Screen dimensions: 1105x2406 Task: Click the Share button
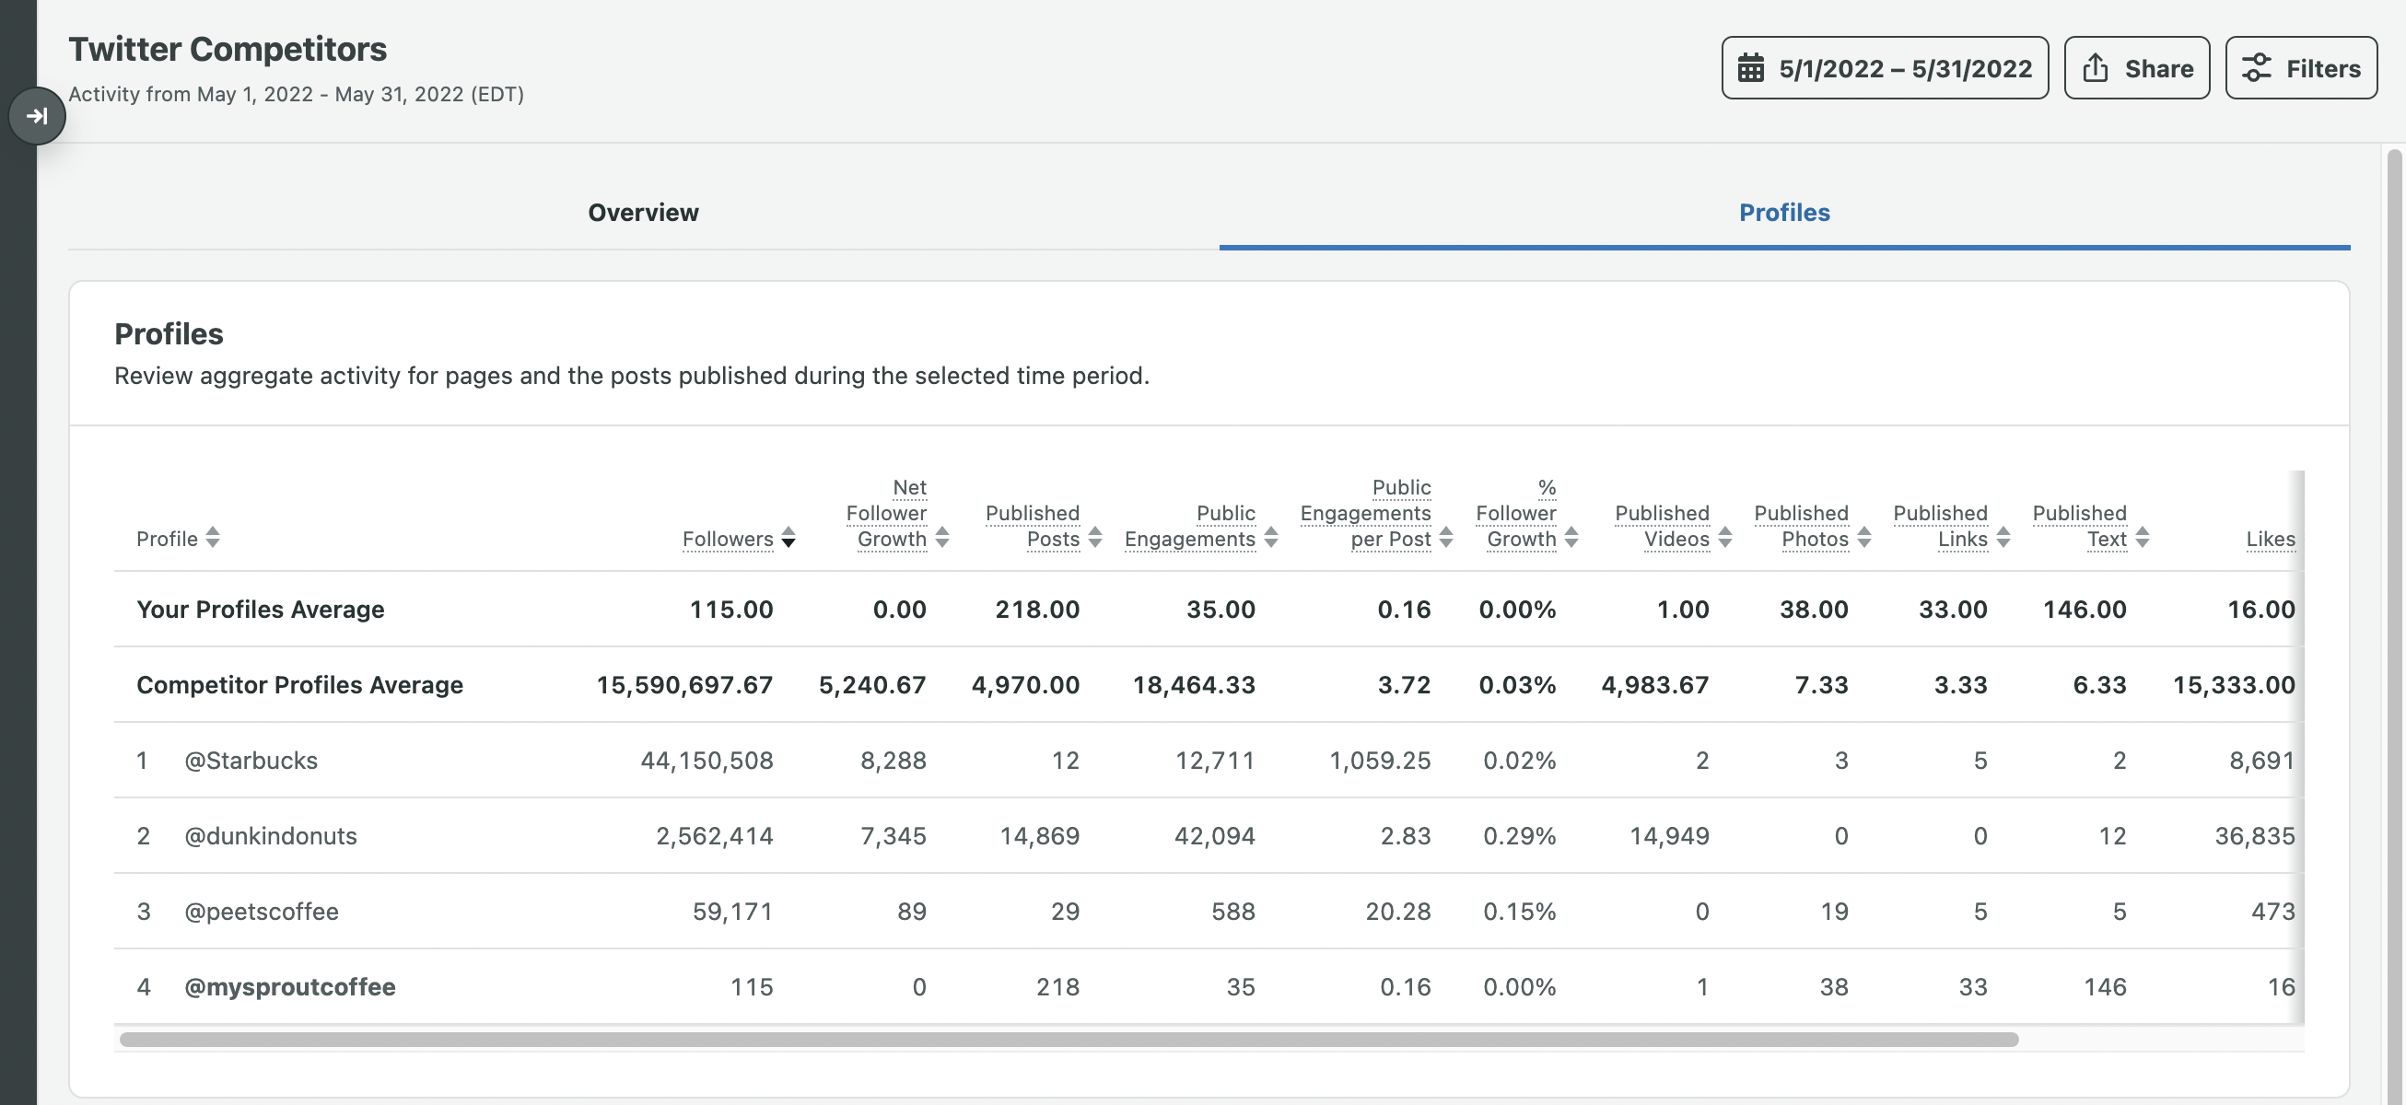click(2136, 68)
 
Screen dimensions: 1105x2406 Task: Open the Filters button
click(2300, 68)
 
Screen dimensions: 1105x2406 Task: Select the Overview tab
click(643, 212)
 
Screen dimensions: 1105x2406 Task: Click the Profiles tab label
click(1783, 212)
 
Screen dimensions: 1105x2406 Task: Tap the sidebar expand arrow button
click(37, 116)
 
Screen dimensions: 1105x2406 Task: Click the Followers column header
click(728, 539)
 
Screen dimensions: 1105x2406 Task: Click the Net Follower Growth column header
click(887, 514)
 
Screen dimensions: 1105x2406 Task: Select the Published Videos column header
click(1663, 526)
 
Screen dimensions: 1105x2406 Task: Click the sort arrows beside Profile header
click(213, 537)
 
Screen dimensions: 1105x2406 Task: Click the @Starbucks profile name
click(251, 761)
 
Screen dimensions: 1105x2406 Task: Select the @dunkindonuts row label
click(270, 836)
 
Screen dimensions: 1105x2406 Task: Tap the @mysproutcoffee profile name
click(289, 987)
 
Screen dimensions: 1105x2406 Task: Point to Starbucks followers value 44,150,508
click(707, 761)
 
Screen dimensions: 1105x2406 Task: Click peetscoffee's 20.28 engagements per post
click(1397, 912)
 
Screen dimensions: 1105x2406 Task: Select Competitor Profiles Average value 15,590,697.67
click(683, 685)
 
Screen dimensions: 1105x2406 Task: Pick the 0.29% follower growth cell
click(1519, 836)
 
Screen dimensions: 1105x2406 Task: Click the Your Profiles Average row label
click(260, 609)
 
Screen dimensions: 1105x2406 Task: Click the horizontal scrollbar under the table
click(1069, 1040)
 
